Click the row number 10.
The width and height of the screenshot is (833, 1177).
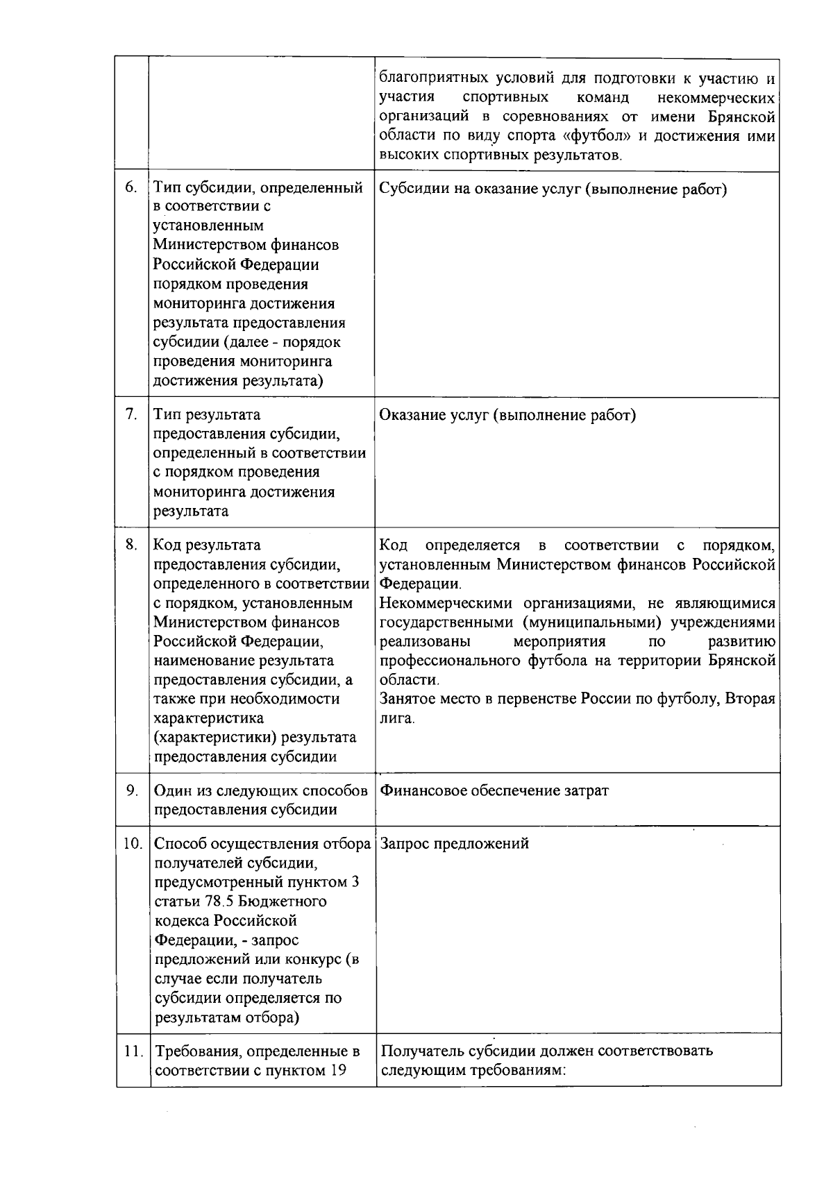(x=132, y=843)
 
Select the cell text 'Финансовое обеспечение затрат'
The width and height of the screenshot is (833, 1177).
(x=494, y=790)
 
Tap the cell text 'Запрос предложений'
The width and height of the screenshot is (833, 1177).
(x=455, y=843)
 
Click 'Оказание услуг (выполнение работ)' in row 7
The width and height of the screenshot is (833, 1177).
(x=507, y=415)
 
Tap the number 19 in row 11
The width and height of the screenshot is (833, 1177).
(x=337, y=1070)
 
